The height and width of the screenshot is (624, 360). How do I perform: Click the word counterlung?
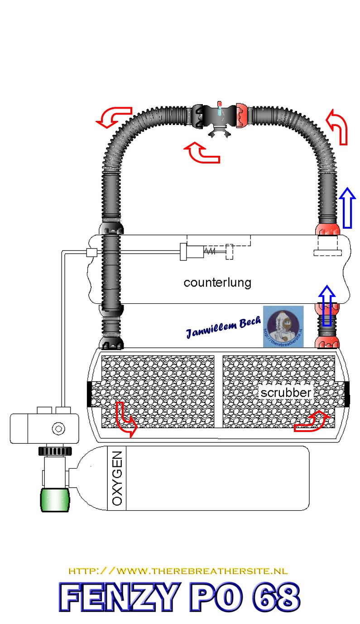pyautogui.click(x=217, y=283)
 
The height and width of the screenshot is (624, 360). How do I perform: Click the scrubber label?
pyautogui.click(x=286, y=393)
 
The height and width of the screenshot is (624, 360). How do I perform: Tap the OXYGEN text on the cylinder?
pyautogui.click(x=117, y=478)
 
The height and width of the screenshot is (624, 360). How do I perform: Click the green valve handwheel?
pyautogui.click(x=56, y=500)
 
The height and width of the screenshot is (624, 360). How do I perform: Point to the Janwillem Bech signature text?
pyautogui.click(x=223, y=326)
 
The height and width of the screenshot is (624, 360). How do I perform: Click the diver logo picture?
pyautogui.click(x=283, y=326)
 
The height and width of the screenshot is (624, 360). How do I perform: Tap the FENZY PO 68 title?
pyautogui.click(x=179, y=597)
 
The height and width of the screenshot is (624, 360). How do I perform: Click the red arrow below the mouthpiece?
pyautogui.click(x=202, y=153)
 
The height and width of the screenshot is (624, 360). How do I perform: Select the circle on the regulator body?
pyautogui.click(x=58, y=428)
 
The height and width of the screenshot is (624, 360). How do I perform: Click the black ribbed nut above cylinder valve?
pyautogui.click(x=55, y=451)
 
